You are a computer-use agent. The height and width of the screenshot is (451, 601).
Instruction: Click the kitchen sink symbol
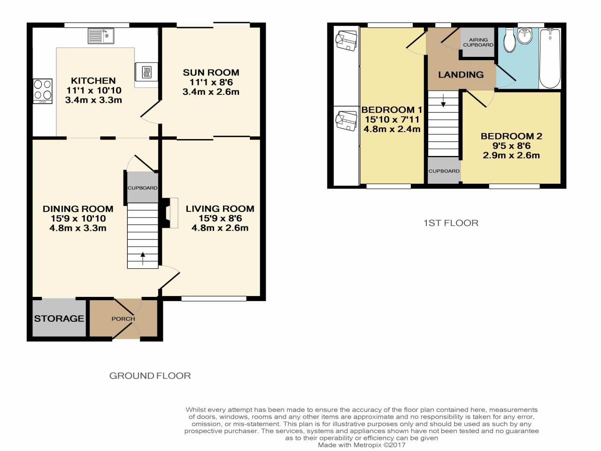tap(101, 36)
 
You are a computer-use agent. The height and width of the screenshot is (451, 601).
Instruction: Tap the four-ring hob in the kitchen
tap(43, 91)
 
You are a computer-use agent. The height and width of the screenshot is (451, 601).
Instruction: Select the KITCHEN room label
tap(93, 81)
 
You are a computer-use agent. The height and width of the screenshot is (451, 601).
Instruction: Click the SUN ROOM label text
tap(211, 72)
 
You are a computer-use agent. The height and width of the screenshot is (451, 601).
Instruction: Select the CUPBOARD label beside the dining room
tap(142, 188)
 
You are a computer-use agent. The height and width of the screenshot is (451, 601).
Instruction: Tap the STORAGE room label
tap(59, 319)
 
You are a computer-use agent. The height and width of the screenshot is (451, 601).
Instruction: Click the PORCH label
tap(123, 319)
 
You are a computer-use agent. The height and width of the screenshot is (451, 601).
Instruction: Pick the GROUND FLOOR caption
tap(150, 376)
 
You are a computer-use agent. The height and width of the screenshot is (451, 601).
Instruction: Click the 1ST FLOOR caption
tap(451, 223)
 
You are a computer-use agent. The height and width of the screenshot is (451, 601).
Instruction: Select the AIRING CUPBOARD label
tap(478, 42)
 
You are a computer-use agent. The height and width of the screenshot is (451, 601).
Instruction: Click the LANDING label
tap(461, 75)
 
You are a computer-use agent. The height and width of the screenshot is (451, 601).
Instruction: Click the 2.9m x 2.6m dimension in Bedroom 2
tap(511, 156)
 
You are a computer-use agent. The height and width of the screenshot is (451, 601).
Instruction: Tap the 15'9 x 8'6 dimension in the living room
tap(220, 218)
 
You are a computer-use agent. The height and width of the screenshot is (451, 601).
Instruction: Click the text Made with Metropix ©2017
tap(361, 445)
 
